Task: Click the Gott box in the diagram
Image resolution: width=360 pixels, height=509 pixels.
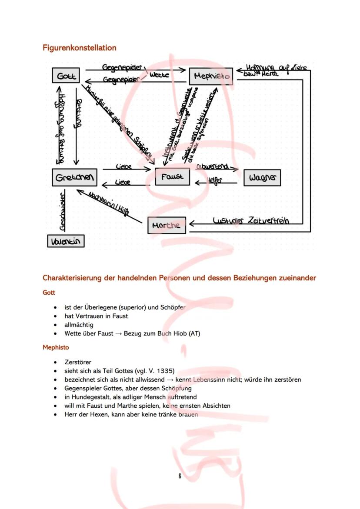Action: click(x=67, y=76)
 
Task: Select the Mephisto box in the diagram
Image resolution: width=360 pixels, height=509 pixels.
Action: click(x=211, y=77)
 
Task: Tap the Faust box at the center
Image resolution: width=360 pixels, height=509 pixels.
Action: click(x=172, y=176)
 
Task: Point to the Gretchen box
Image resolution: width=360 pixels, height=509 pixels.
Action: click(x=74, y=177)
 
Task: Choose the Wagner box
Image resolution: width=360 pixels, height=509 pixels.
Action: click(x=262, y=177)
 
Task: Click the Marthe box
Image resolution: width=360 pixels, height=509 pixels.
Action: click(x=166, y=225)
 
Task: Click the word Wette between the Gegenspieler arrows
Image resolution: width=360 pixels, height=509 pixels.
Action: click(x=159, y=75)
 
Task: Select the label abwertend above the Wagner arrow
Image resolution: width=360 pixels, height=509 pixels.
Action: click(x=213, y=166)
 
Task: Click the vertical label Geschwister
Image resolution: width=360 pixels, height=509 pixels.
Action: click(x=63, y=210)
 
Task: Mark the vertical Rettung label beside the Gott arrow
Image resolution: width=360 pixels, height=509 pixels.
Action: click(x=79, y=114)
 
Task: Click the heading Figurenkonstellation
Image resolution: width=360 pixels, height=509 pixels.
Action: click(x=79, y=47)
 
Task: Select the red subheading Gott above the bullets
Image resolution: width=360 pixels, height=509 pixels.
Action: click(x=49, y=293)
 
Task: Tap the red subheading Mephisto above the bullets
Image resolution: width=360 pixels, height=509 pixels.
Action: click(x=56, y=347)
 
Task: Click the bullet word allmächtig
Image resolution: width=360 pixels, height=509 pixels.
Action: click(x=79, y=325)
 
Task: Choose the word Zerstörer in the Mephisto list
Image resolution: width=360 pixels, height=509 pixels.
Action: click(x=77, y=362)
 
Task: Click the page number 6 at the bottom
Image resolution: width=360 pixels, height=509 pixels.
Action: click(x=180, y=476)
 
